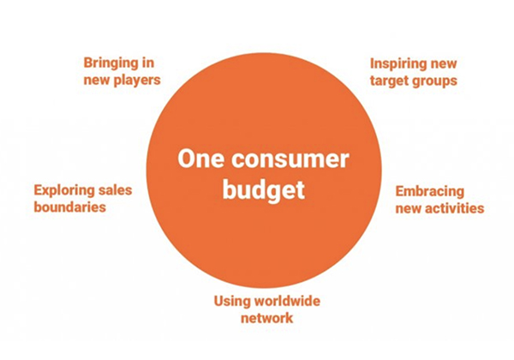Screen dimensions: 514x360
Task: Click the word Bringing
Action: (111, 63)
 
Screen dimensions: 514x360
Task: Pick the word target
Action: (389, 81)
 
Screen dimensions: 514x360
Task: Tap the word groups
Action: (434, 81)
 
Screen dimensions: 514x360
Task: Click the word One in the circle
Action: (201, 159)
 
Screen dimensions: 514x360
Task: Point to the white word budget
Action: (264, 190)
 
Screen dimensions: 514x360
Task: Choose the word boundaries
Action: (70, 207)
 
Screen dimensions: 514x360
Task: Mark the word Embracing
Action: (430, 192)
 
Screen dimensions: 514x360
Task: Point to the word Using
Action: (230, 302)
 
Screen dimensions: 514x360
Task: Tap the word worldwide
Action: (285, 302)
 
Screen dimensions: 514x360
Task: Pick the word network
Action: (266, 318)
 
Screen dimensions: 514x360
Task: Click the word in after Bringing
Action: (148, 63)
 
